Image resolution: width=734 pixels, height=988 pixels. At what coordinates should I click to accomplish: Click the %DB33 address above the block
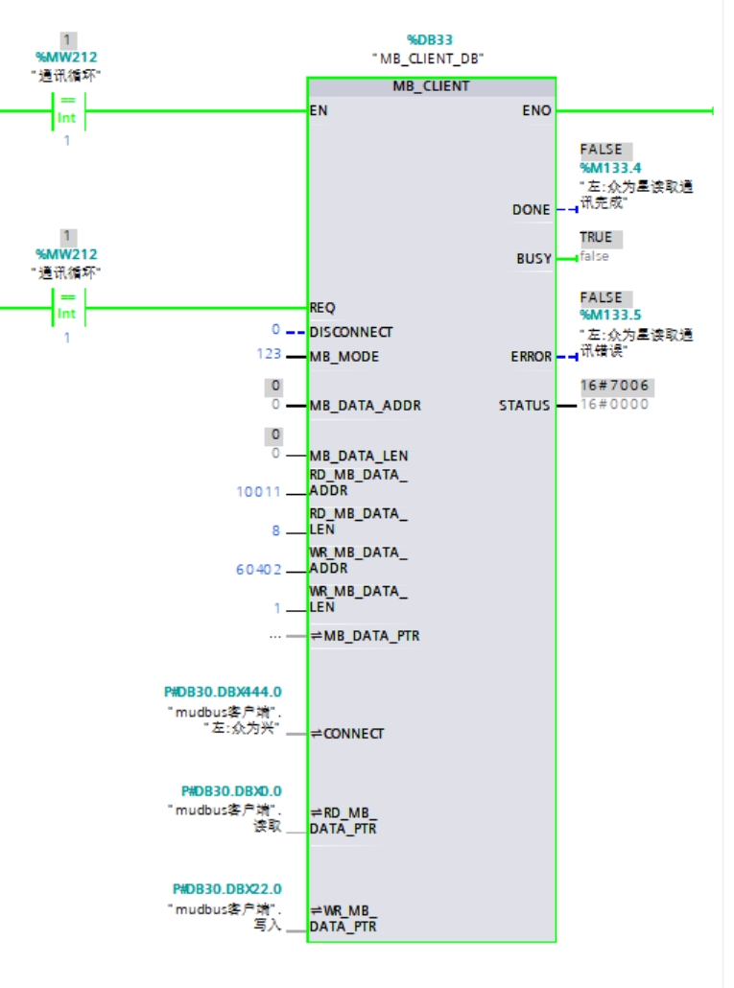coord(429,40)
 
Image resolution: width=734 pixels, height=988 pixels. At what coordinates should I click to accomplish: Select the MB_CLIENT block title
coord(431,86)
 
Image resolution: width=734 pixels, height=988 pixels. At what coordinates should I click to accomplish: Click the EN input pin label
coord(319,110)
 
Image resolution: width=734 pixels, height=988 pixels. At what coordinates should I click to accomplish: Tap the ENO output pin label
coord(536,110)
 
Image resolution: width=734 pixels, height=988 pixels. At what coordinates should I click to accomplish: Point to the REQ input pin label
coord(322,308)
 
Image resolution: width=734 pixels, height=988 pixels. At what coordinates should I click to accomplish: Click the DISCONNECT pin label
coord(350,332)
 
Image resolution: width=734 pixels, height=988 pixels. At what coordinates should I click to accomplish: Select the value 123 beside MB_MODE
coord(269,355)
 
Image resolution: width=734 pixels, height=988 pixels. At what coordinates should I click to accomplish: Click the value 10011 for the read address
coord(259,492)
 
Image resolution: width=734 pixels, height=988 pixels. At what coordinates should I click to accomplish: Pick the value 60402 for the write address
coord(259,570)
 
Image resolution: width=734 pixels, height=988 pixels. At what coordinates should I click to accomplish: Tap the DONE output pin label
coord(532,209)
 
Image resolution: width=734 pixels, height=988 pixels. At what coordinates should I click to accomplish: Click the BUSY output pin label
coord(533,258)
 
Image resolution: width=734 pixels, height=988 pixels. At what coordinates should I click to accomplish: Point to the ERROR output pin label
coord(531,357)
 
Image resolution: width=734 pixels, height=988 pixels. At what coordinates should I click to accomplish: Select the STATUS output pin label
coord(524,405)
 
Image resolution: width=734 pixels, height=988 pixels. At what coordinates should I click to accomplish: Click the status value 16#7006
coord(614,386)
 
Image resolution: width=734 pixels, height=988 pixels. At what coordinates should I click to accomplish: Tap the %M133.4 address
coord(611,168)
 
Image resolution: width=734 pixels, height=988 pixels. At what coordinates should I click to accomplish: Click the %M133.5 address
coord(611,315)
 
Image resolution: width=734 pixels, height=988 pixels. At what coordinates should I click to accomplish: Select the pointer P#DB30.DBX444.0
coord(224,692)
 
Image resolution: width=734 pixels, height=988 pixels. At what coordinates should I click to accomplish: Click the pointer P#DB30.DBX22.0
coord(227,889)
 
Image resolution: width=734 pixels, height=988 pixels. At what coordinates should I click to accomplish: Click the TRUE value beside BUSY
coord(595,237)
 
